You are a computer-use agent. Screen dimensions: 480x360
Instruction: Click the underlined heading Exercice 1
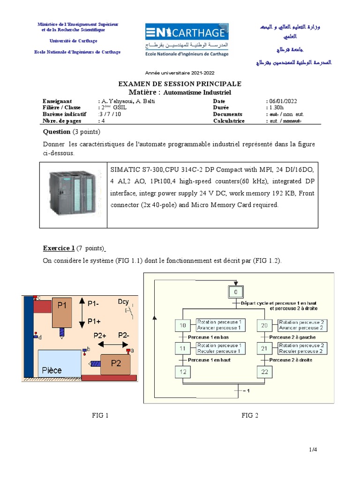(59, 248)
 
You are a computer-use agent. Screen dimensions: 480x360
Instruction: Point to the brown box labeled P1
(62, 312)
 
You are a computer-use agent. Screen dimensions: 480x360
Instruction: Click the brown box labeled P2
(115, 364)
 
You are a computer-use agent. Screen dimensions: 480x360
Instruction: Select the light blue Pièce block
(60, 363)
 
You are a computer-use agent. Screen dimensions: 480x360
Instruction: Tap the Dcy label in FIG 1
(123, 301)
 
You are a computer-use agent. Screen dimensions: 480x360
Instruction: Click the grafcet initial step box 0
(235, 293)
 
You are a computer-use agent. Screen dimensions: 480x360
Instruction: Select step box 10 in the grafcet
(182, 325)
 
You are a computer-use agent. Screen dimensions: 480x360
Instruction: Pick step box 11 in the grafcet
(182, 348)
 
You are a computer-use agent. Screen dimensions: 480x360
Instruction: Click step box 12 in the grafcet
(182, 372)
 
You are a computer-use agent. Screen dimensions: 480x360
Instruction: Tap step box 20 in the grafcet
(264, 325)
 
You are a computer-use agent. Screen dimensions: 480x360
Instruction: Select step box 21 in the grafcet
(264, 348)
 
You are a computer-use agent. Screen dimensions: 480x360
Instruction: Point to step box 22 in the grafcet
(264, 372)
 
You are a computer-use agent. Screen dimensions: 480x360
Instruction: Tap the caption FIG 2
(250, 415)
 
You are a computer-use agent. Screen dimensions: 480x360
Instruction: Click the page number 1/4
(313, 450)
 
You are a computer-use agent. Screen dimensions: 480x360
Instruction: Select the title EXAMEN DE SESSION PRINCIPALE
(180, 84)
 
